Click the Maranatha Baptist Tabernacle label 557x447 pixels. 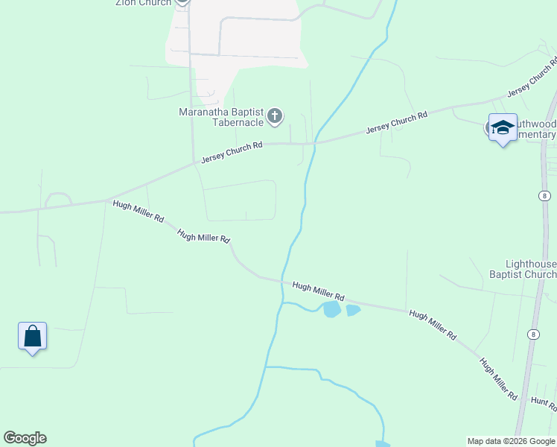(220, 117)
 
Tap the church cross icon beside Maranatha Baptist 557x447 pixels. (275, 115)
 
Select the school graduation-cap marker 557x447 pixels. (503, 127)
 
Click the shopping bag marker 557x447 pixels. (33, 336)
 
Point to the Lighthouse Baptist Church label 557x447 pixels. (530, 269)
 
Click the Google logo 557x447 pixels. (25, 438)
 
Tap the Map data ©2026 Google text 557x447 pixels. (512, 441)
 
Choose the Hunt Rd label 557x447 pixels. (544, 403)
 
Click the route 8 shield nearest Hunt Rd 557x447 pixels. (534, 335)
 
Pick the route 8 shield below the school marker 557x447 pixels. (546, 196)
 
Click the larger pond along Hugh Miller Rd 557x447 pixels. (331, 308)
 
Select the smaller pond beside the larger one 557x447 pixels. (353, 310)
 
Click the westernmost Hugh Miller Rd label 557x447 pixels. (139, 211)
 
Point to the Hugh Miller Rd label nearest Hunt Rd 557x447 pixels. (498, 378)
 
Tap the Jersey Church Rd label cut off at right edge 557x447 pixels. (532, 77)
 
